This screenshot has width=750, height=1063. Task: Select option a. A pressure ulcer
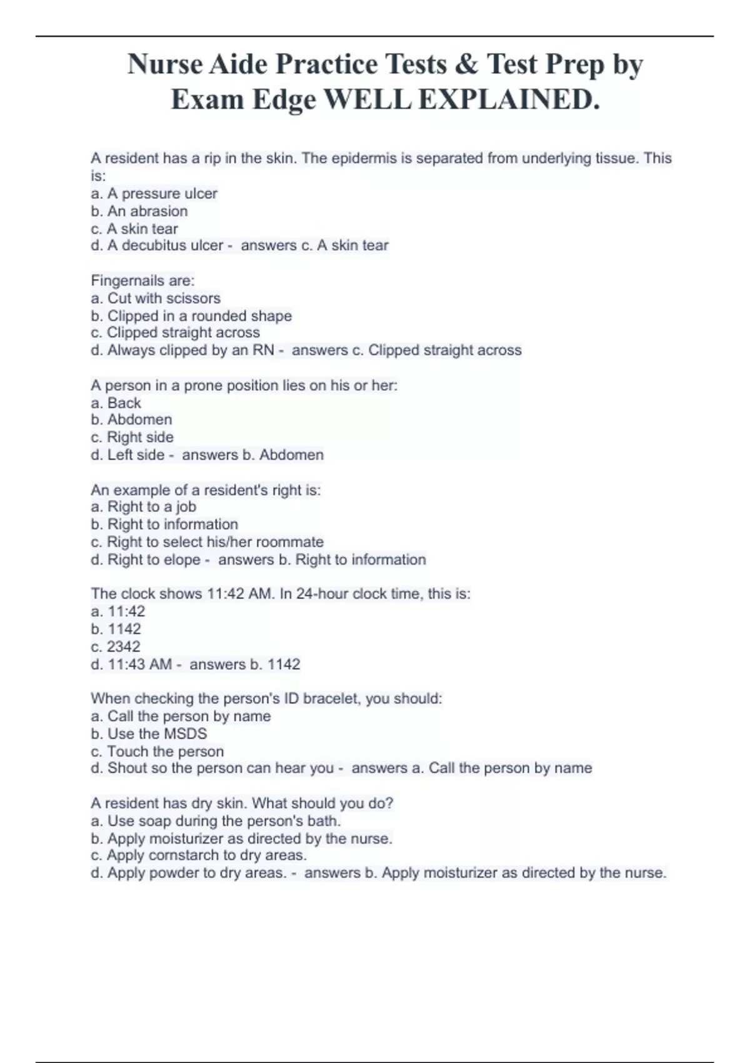[x=154, y=194]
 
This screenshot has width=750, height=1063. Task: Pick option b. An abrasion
[x=139, y=211]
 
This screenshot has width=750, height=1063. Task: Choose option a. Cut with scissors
[x=156, y=298]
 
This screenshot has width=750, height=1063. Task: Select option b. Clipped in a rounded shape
[x=191, y=316]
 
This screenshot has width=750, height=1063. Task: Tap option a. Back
[x=116, y=403]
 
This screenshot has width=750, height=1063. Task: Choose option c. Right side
[x=132, y=437]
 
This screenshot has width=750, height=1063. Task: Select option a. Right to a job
[x=144, y=507]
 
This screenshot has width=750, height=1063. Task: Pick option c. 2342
[x=116, y=647]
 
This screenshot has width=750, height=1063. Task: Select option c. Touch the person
[x=157, y=752]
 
